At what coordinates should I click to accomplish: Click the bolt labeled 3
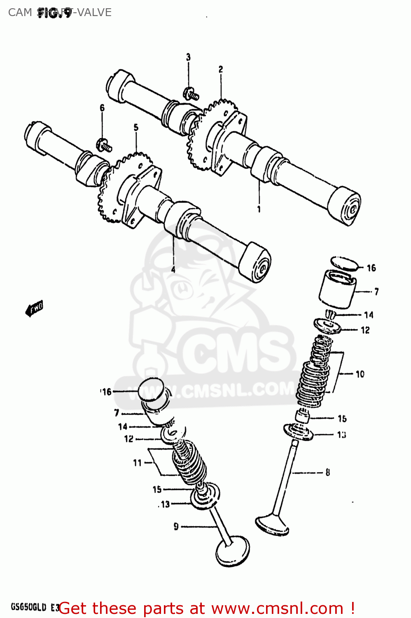click(191, 94)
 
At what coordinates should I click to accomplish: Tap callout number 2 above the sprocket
click(221, 70)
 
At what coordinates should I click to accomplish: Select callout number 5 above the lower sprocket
click(136, 128)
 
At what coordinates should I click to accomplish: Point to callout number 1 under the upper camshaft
click(259, 209)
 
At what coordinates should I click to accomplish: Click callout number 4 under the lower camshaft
click(173, 269)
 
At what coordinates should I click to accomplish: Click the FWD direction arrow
click(34, 308)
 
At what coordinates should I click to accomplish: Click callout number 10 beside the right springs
click(360, 374)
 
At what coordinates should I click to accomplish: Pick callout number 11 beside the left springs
click(138, 463)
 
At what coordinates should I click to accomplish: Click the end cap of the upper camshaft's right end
click(348, 208)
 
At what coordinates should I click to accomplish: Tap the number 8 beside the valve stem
click(328, 473)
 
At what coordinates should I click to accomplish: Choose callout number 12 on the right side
click(365, 330)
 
